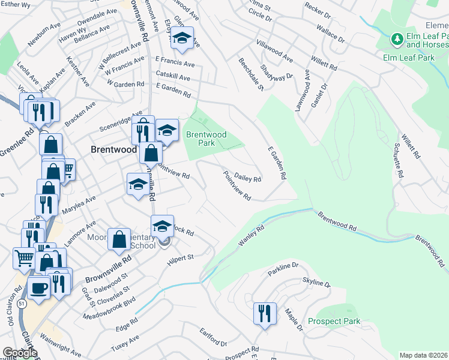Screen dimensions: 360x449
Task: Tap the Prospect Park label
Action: [334, 321]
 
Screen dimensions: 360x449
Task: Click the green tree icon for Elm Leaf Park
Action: [396, 40]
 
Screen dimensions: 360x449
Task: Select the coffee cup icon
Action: [40, 288]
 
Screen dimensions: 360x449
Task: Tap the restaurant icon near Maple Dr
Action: [264, 313]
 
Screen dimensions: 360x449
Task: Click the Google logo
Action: [20, 353]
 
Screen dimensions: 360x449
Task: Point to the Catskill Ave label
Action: [172, 78]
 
